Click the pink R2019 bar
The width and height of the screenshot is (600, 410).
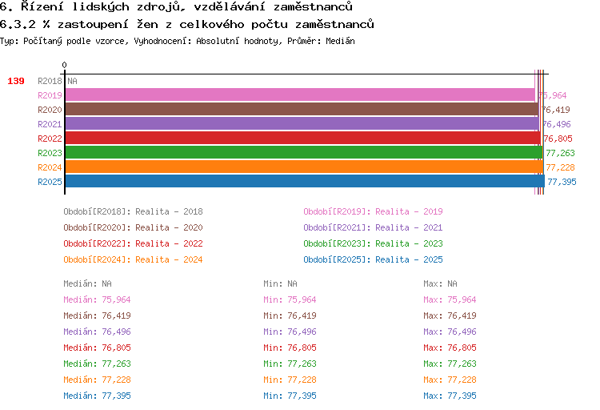coord(300,94)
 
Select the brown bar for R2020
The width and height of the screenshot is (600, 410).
coord(302,109)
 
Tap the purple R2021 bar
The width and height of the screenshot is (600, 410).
coord(302,124)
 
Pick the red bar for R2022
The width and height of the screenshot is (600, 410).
coord(303,138)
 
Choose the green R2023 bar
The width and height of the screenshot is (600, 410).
coord(304,152)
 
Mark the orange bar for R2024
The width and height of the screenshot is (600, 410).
coord(304,167)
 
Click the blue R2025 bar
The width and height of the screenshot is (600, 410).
coord(305,181)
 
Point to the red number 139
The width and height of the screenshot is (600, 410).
coord(16,81)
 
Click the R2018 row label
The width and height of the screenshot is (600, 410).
coord(50,81)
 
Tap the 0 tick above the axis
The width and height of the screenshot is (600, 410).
coord(64,65)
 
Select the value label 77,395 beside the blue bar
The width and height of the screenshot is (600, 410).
coord(562,182)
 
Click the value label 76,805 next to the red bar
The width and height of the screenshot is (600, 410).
coord(558,139)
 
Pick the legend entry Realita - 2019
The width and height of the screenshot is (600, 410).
coord(409,211)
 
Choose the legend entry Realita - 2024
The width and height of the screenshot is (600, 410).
coord(169,259)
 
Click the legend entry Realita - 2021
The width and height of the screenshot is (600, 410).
coord(409,227)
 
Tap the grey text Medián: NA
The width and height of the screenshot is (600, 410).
coord(88,283)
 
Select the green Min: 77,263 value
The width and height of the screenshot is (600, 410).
coord(290,364)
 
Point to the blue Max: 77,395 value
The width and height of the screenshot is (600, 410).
coord(450,396)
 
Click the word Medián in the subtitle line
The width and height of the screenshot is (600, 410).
coord(340,41)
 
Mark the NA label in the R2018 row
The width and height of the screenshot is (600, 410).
coord(72,81)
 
